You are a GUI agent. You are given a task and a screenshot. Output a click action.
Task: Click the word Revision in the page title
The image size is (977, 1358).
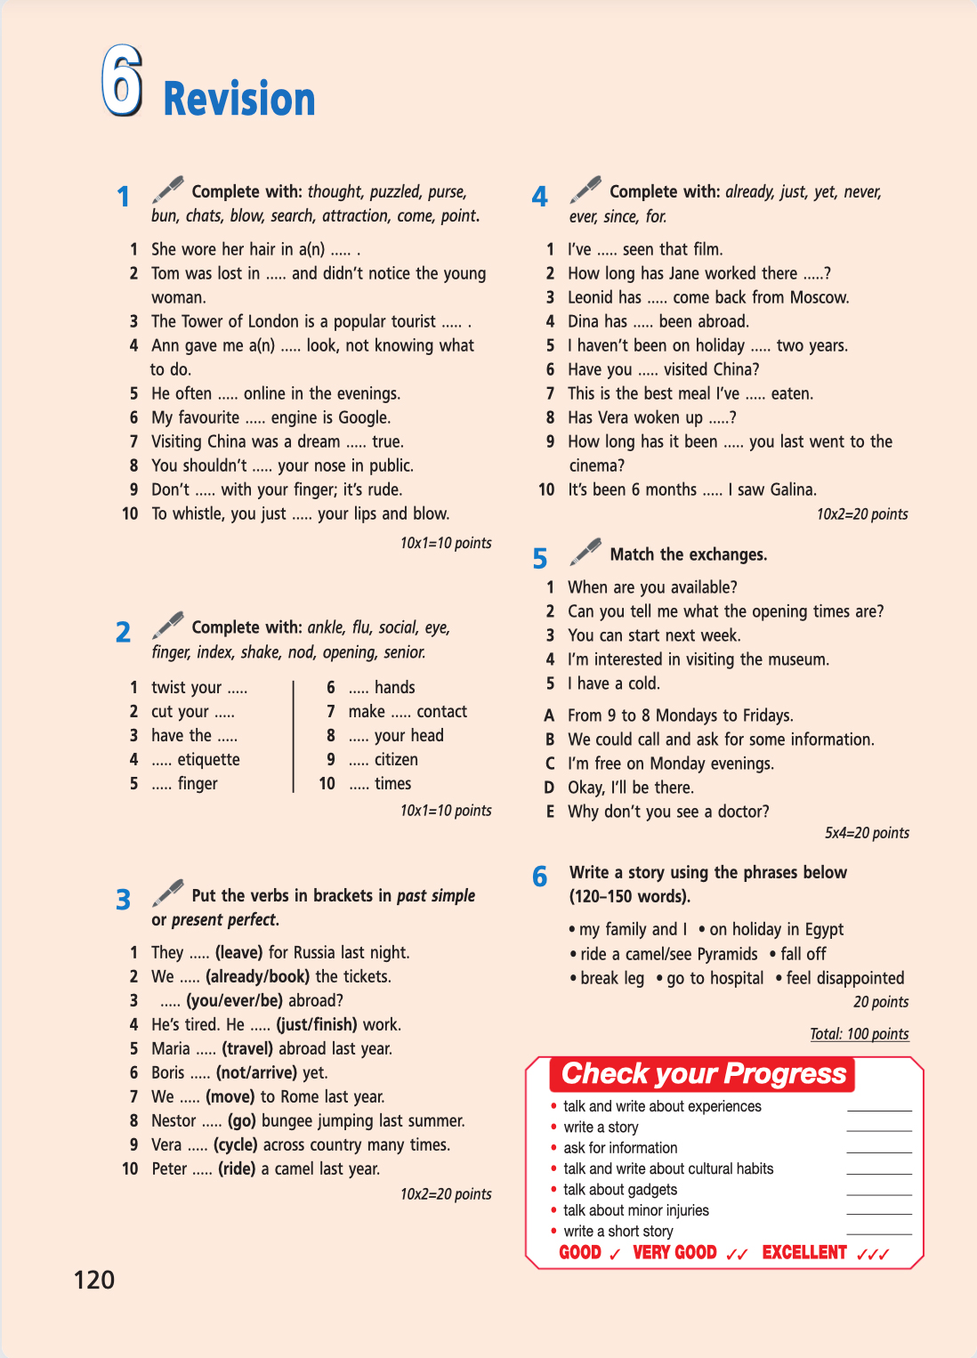pyautogui.click(x=239, y=99)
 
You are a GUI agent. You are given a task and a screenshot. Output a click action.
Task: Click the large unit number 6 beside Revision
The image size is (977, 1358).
pyautogui.click(x=122, y=81)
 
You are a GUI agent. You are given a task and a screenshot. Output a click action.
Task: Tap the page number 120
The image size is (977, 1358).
pyautogui.click(x=93, y=1280)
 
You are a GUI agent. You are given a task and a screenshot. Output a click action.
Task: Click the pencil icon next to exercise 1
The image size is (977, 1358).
pyautogui.click(x=167, y=190)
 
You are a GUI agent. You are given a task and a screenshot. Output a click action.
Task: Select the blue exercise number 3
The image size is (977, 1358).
pyautogui.click(x=124, y=900)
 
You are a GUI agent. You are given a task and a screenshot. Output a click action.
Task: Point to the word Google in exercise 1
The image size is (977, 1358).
pyautogui.click(x=363, y=417)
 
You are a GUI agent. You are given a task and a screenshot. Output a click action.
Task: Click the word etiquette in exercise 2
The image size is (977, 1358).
pyautogui.click(x=208, y=759)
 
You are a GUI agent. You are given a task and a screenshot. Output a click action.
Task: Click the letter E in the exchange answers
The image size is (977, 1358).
pyautogui.click(x=550, y=812)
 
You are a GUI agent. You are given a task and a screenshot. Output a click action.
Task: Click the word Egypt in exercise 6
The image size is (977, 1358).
pyautogui.click(x=824, y=929)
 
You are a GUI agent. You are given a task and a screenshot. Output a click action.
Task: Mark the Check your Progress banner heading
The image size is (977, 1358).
pyautogui.click(x=703, y=1073)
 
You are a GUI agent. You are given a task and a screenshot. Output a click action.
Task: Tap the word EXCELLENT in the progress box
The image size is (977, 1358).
pyautogui.click(x=804, y=1252)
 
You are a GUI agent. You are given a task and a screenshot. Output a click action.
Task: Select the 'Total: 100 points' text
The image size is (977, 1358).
pyautogui.click(x=859, y=1033)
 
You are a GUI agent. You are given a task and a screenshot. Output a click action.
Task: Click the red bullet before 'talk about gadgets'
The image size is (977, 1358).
pyautogui.click(x=554, y=1190)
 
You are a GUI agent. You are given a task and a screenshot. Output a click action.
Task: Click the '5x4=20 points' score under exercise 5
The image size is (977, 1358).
pyautogui.click(x=866, y=833)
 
